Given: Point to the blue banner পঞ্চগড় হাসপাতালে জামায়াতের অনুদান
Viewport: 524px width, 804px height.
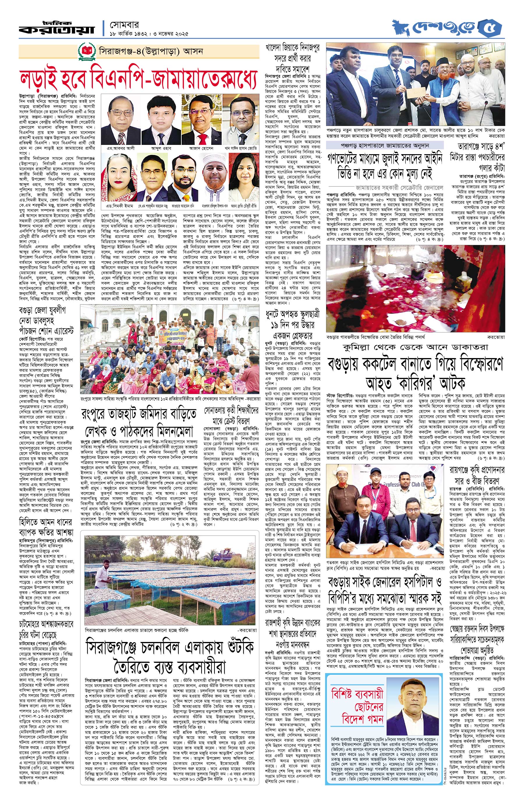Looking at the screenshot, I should pos(385,145).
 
